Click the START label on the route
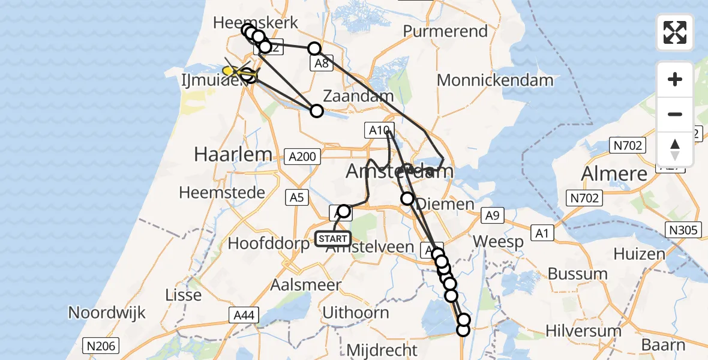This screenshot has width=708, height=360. pyautogui.click(x=332, y=239)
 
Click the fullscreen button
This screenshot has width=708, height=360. pyautogui.click(x=675, y=32)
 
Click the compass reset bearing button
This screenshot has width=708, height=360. pyautogui.click(x=675, y=148)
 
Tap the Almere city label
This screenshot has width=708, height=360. pyautogui.click(x=614, y=174)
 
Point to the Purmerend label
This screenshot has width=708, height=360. pyautogui.click(x=445, y=31)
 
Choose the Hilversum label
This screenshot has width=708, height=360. pyautogui.click(x=583, y=330)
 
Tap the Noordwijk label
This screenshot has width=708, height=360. pyautogui.click(x=107, y=312)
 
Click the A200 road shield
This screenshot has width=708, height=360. pyautogui.click(x=302, y=157)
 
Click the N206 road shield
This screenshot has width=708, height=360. pyautogui.click(x=101, y=346)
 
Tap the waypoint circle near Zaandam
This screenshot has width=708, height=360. pyautogui.click(x=317, y=110)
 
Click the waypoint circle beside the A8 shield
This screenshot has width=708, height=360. pyautogui.click(x=314, y=49)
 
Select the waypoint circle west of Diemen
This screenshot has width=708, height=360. pyautogui.click(x=407, y=198)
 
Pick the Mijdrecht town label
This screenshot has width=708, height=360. pyautogui.click(x=382, y=350)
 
